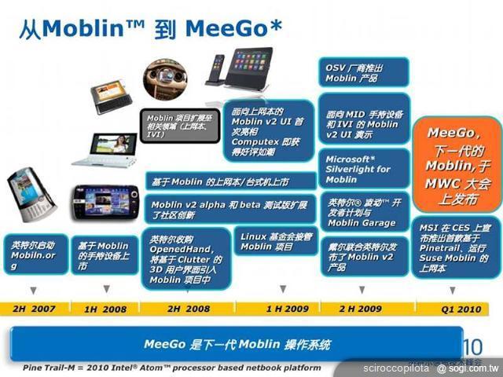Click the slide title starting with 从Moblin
pyautogui.click(x=149, y=28)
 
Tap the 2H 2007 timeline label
pyautogui.click(x=34, y=308)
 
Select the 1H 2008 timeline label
pyautogui.click(x=106, y=308)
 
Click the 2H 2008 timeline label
pyautogui.click(x=189, y=308)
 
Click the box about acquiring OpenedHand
pyautogui.click(x=186, y=259)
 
